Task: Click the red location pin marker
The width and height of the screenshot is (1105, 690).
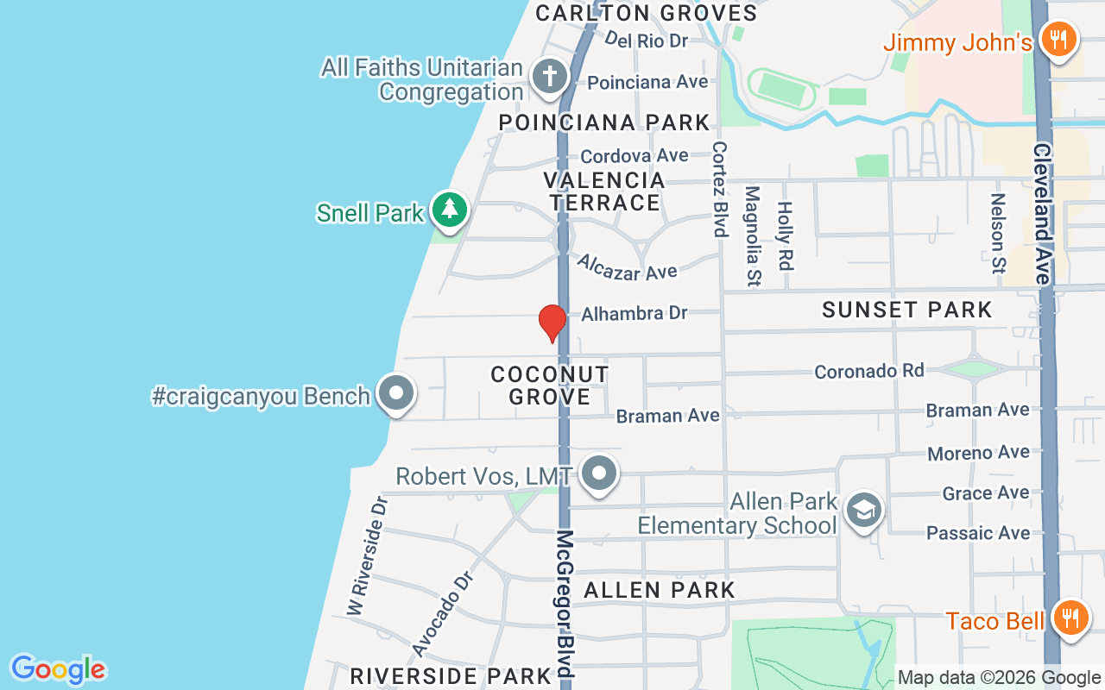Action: (x=552, y=323)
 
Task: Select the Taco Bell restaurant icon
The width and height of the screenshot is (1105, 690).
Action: (x=1070, y=618)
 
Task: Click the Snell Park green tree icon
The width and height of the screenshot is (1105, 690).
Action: (x=448, y=210)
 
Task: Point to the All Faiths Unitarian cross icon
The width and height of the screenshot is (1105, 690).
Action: (x=548, y=77)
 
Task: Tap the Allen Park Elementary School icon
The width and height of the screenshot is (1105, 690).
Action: (x=863, y=511)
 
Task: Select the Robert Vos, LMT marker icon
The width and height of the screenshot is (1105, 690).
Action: (x=599, y=474)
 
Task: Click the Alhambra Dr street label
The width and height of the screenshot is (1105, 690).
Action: (x=635, y=313)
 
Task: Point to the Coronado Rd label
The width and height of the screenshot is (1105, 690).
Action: (x=869, y=371)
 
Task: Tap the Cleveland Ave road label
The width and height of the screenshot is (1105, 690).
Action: (x=1041, y=213)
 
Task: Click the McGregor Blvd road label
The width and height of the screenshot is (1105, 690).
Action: (x=565, y=604)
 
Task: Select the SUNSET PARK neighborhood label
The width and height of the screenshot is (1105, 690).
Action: (x=906, y=310)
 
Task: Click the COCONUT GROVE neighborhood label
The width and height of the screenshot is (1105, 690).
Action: (x=550, y=386)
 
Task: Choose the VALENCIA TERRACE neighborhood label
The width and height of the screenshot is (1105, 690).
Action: (x=604, y=191)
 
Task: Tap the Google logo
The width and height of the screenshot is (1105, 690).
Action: (x=58, y=669)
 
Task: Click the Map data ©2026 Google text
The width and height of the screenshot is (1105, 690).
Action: (x=999, y=678)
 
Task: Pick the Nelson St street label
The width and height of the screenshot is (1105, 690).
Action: (x=998, y=233)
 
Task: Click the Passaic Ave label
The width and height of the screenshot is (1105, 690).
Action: (x=978, y=533)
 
